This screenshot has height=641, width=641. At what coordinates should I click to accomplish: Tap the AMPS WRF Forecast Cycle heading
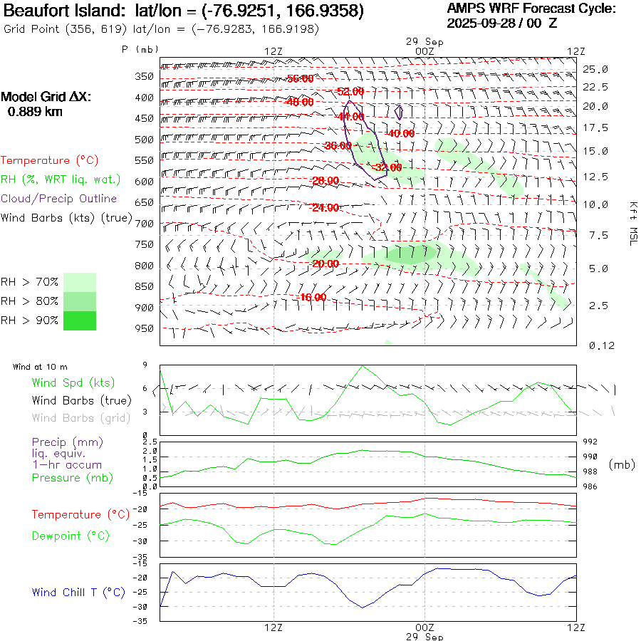(531, 9)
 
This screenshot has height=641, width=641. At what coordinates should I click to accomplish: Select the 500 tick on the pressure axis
(145, 140)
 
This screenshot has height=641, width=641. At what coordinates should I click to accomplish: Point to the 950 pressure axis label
(145, 329)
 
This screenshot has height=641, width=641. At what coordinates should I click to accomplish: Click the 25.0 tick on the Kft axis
(595, 69)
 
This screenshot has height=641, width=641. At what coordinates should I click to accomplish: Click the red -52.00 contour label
(350, 91)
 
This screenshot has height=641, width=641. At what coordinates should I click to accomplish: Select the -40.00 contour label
(400, 133)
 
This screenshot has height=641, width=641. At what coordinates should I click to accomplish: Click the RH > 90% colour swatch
(80, 320)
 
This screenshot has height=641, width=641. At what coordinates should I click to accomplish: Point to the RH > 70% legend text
(30, 282)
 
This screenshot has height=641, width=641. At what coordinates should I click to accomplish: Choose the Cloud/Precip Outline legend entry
(59, 199)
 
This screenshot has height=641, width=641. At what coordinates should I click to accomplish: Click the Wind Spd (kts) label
(73, 382)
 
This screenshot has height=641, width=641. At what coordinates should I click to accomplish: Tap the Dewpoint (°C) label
(71, 536)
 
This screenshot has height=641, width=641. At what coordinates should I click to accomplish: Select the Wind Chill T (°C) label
(78, 592)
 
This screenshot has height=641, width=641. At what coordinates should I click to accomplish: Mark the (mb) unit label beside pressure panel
(622, 464)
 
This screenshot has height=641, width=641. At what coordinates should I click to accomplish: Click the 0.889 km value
(35, 111)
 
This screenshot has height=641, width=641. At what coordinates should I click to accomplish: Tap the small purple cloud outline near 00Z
(399, 112)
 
